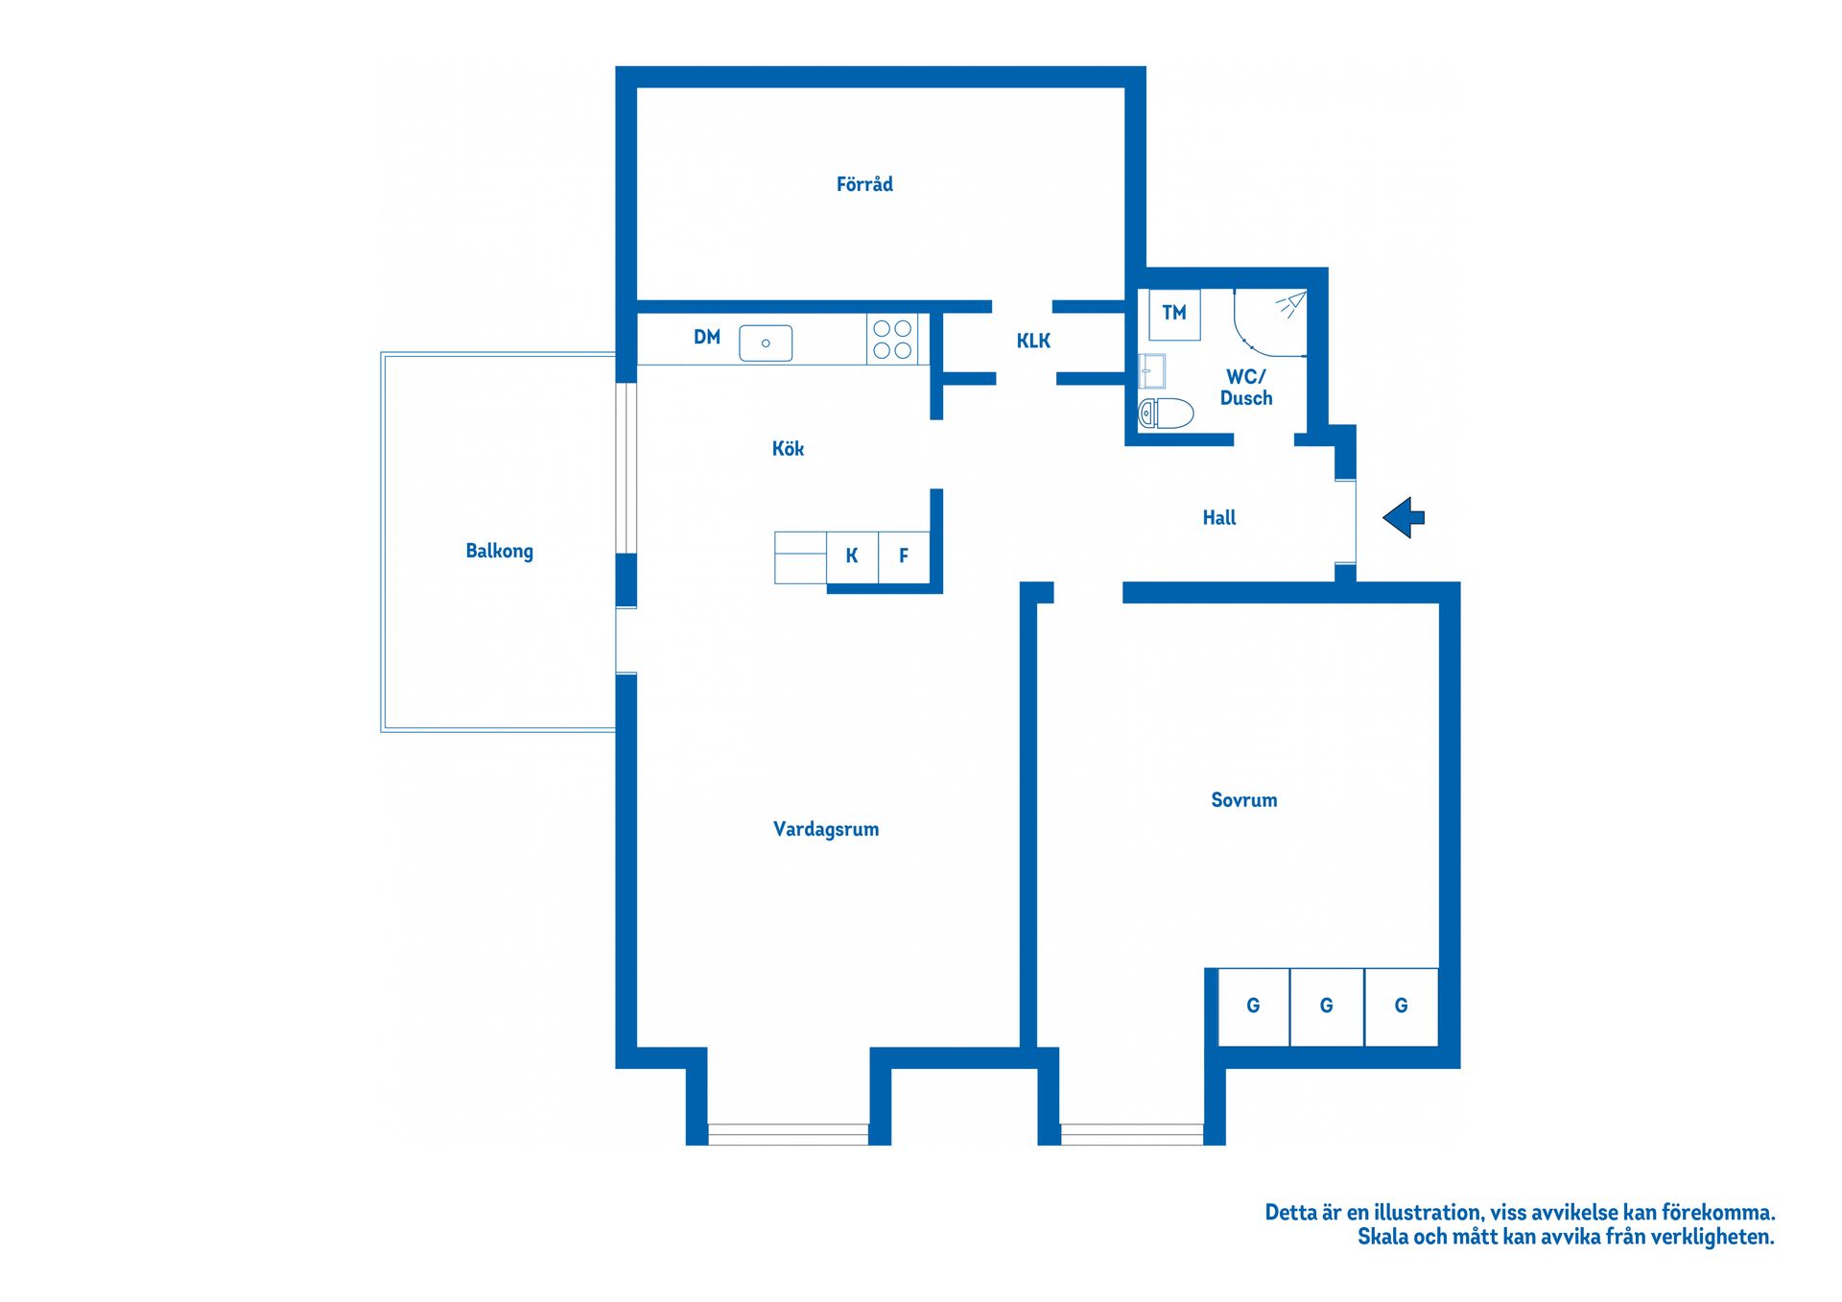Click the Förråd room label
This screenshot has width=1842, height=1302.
pos(864,184)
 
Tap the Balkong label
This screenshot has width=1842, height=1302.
pos(499,551)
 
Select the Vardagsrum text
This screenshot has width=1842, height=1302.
pos(826,829)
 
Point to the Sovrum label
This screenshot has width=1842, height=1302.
pos(1243,800)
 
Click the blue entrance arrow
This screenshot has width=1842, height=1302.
pos(1404,518)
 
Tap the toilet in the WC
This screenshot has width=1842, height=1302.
pos(1166,414)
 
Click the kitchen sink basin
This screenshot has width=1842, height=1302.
pos(766,343)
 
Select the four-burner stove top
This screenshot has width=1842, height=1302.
pos(892,340)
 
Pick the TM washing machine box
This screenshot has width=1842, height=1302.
pos(1174,315)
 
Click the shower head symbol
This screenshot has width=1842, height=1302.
pos(1290,305)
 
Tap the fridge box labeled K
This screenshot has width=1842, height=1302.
pos(852,556)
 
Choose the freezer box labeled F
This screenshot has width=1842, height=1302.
pos(904,556)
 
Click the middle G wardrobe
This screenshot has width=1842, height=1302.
pos(1327,1006)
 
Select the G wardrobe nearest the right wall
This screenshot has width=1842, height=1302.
pos(1402,1006)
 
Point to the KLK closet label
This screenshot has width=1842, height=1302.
pos(1033,341)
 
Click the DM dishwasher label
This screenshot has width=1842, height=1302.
pos(707,337)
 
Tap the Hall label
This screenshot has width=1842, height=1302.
pos(1219,518)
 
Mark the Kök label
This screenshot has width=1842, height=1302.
pos(788,448)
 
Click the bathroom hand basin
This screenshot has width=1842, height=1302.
pos(1151,370)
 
